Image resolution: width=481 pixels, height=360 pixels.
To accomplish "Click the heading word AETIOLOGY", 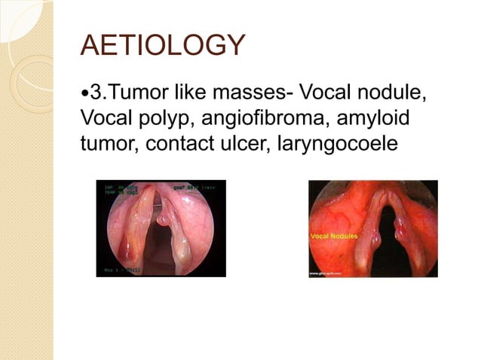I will pos(163,47).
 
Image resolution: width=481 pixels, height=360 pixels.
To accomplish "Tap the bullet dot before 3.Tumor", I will pos(84,96).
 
